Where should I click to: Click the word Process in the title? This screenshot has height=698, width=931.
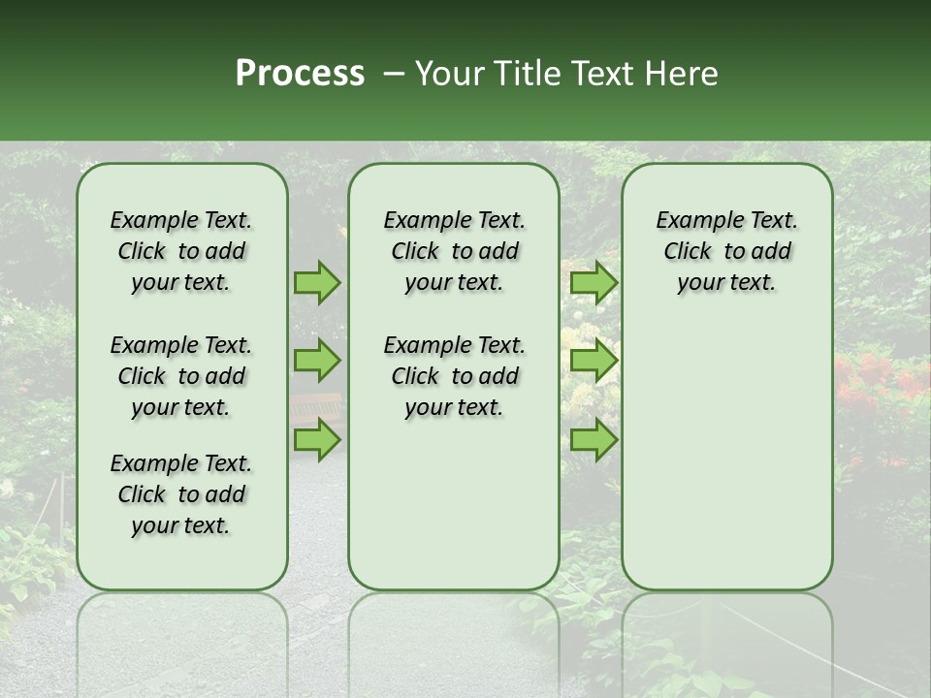[300, 74]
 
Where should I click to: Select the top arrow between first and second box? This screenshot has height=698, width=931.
[317, 282]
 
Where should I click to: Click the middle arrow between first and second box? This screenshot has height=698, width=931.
[317, 361]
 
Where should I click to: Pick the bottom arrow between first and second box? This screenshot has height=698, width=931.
[317, 439]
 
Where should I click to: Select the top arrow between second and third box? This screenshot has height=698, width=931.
[594, 282]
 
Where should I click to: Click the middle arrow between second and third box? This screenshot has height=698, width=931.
[594, 361]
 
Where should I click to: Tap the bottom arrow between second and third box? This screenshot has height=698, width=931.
[594, 439]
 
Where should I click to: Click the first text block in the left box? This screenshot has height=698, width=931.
[181, 251]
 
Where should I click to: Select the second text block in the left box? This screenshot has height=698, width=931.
[181, 376]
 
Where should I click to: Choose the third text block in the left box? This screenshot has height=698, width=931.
[181, 494]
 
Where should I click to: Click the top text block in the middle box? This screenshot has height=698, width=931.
[454, 251]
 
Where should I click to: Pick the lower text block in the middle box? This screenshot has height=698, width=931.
[454, 376]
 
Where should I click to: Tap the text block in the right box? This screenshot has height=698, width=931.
[726, 251]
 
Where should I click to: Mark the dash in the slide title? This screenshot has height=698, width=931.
[394, 74]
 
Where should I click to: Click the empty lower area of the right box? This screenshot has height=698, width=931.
[726, 456]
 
